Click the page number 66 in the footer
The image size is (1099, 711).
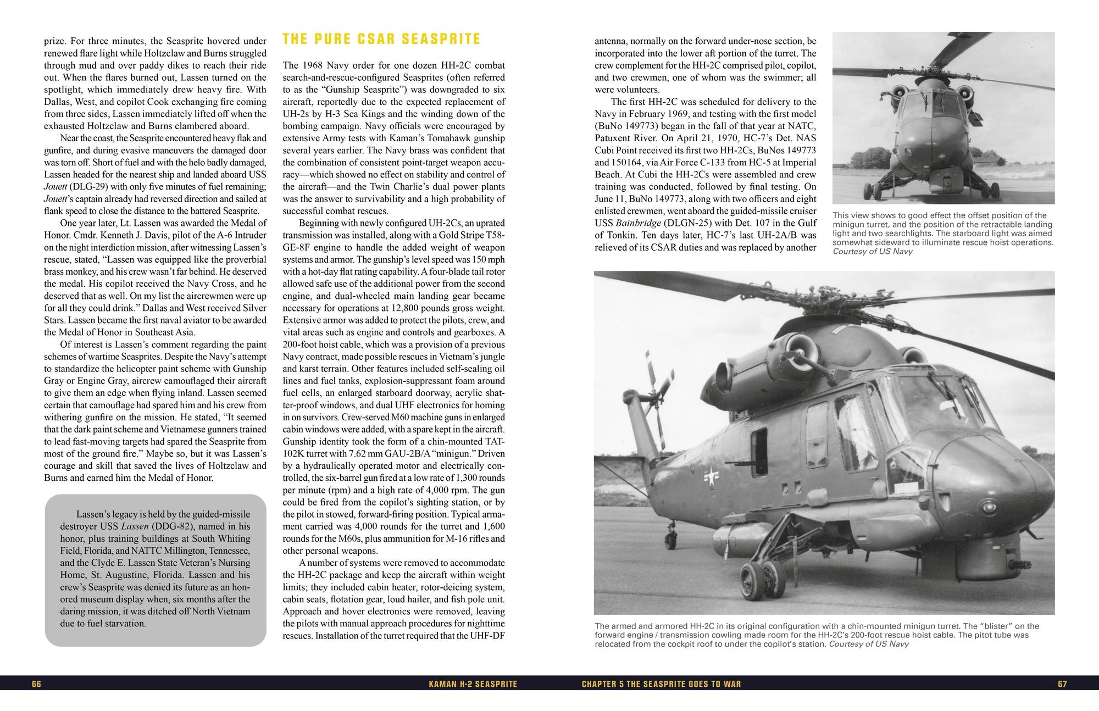coord(37,684)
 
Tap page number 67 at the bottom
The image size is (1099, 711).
coord(1062,684)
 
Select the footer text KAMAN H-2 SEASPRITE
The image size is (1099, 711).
coord(473,684)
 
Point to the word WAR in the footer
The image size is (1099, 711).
coord(731,684)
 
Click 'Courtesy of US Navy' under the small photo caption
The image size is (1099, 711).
coord(873,251)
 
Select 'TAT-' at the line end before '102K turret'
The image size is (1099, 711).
coord(493,442)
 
